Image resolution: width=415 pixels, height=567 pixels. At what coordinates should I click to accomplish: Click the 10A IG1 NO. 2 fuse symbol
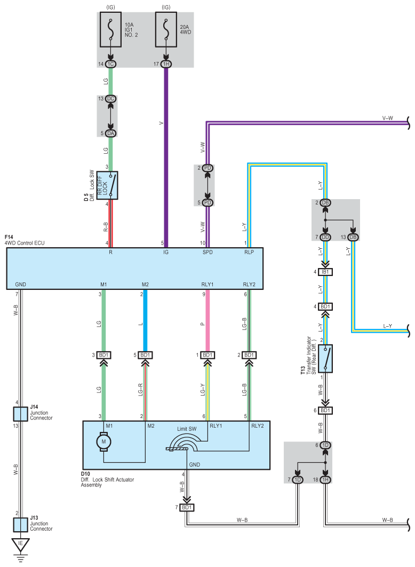point(110,30)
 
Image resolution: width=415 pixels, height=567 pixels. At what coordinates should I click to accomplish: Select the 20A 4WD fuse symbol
point(166,30)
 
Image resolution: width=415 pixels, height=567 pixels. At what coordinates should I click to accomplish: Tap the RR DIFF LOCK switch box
point(107,185)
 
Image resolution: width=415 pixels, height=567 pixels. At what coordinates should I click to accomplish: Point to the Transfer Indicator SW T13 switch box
point(325,358)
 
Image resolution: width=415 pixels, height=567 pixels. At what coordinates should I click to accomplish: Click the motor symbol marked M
point(103,442)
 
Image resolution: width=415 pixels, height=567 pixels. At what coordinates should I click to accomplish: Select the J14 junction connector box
point(21,414)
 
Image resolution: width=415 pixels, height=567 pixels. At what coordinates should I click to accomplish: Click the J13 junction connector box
point(21,525)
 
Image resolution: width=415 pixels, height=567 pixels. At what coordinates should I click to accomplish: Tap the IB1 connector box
point(325,272)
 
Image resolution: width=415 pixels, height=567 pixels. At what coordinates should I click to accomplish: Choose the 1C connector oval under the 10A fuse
point(110,64)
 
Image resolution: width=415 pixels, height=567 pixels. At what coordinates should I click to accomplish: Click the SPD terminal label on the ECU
point(207,252)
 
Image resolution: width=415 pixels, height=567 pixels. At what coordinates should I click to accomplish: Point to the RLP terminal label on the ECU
point(249,252)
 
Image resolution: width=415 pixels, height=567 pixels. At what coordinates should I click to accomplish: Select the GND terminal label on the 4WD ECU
point(21,285)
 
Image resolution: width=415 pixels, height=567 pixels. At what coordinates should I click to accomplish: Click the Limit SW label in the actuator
point(187,429)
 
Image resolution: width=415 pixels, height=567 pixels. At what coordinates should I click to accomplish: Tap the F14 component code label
point(9,237)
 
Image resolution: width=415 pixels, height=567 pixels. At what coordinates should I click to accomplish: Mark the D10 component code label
point(85,474)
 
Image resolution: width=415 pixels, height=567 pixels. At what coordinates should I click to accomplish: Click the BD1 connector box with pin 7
point(187,508)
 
